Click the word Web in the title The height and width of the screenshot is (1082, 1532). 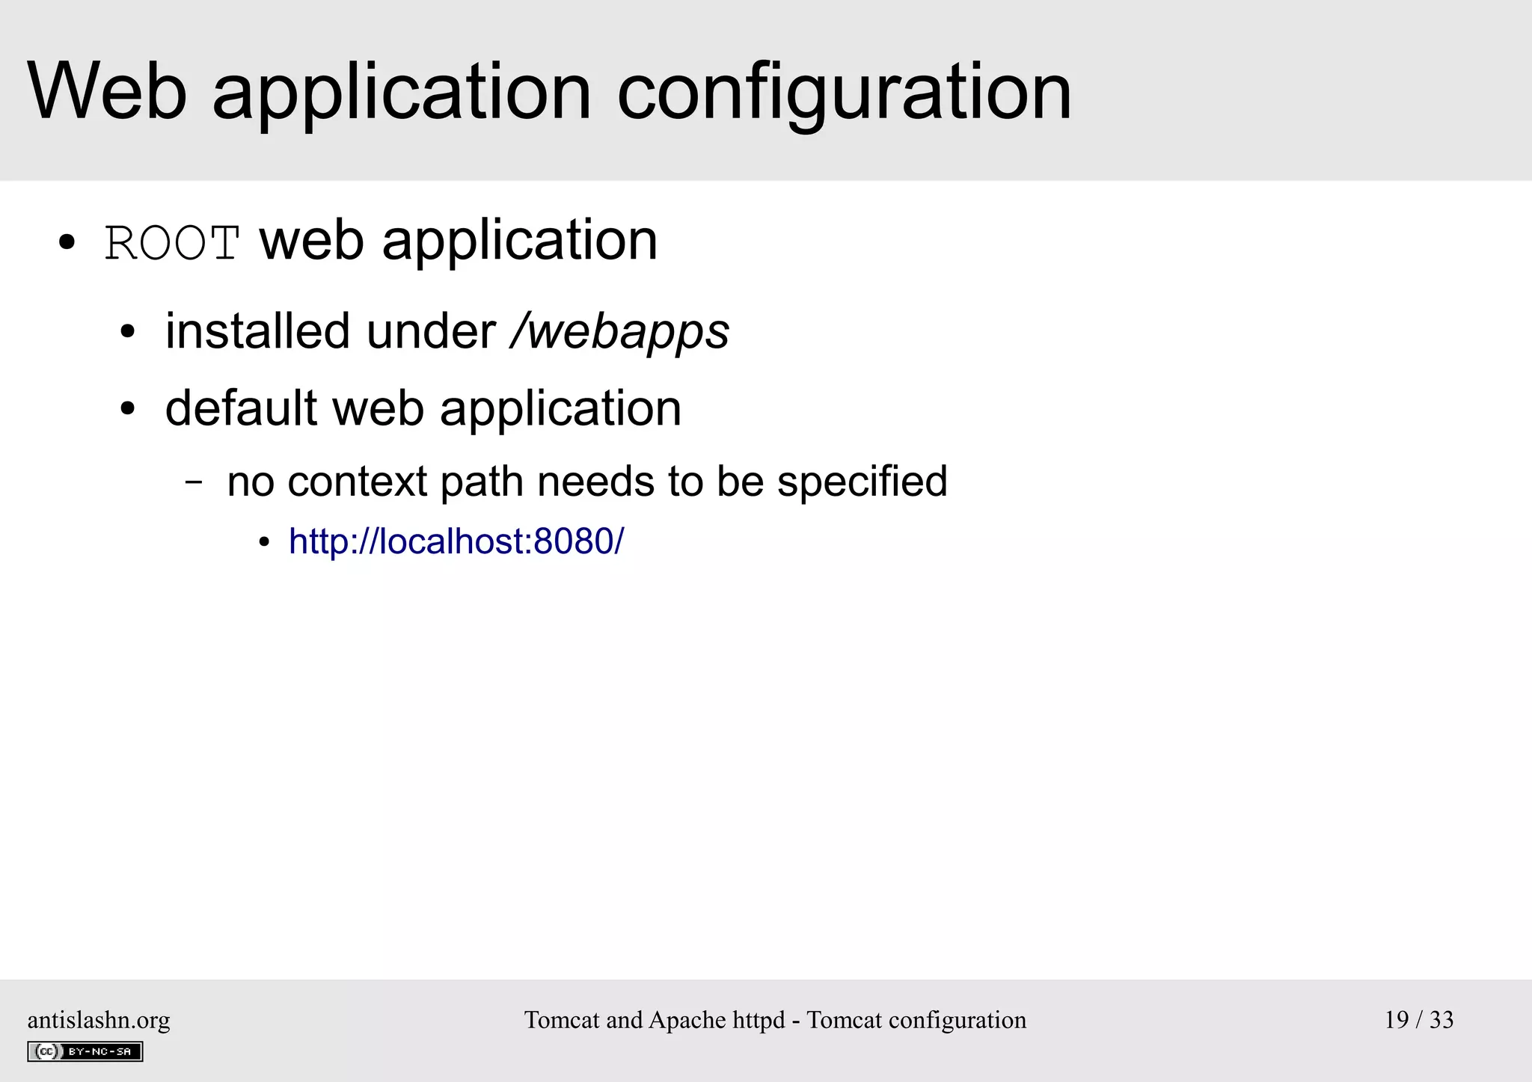(107, 91)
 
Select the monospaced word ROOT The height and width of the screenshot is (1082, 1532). (172, 243)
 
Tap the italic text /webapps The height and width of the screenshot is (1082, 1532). (619, 332)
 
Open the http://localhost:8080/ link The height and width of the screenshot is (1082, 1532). (456, 541)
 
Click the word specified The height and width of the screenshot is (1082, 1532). (862, 482)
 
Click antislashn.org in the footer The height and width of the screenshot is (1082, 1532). (99, 1020)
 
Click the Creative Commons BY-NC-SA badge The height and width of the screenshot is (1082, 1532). (85, 1051)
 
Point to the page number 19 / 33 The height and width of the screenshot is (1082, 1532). (1418, 1019)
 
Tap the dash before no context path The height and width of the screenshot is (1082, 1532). (194, 482)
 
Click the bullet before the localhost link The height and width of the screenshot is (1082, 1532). (263, 543)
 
